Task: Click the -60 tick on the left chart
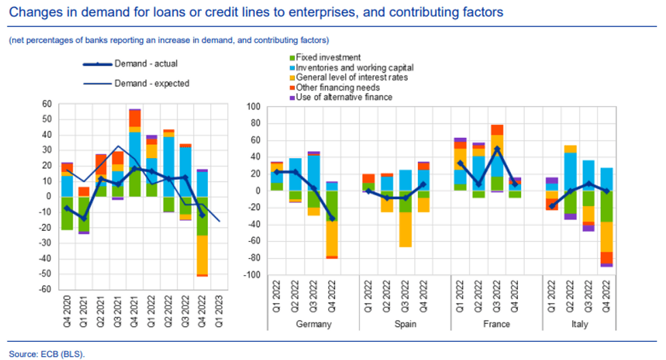pyautogui.click(x=46, y=289)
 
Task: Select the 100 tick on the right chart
pyautogui.click(x=254, y=107)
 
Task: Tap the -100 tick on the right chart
pyautogui.click(x=252, y=276)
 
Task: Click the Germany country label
pyautogui.click(x=314, y=324)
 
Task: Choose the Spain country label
pyautogui.click(x=406, y=324)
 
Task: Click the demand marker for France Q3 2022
pyautogui.click(x=497, y=149)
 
